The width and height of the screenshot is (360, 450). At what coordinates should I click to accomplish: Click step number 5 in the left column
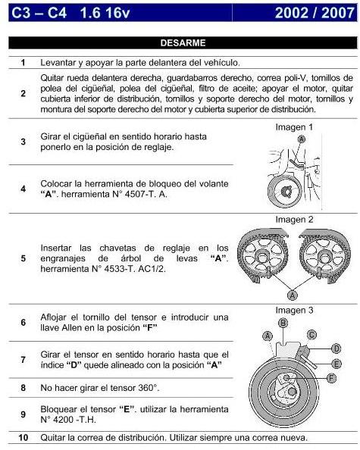tap(23, 258)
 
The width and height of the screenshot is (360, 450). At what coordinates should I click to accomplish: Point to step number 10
tap(23, 438)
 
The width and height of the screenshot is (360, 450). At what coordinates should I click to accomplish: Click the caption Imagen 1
tap(294, 127)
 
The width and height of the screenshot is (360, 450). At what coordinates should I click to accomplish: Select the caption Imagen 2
tap(294, 220)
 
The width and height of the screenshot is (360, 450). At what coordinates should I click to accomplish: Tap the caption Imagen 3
tap(294, 310)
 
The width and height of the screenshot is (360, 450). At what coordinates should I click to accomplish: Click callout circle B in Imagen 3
tap(283, 323)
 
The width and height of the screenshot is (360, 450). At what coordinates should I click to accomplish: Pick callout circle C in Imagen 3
tap(311, 333)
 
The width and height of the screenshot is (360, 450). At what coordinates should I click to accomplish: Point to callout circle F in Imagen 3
tap(330, 377)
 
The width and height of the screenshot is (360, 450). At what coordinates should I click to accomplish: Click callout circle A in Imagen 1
tap(302, 140)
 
